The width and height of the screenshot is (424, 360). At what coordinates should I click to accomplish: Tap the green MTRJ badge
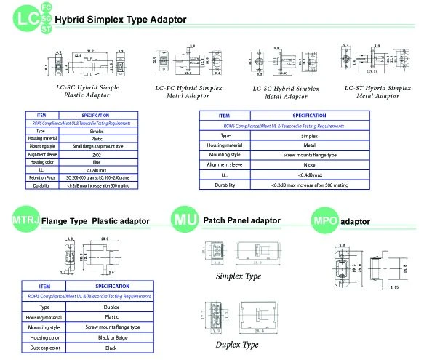point(25,219)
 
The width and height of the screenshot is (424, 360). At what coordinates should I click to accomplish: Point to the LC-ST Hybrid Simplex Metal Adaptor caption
point(372,91)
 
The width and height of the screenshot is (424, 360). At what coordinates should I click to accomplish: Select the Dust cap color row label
point(44,348)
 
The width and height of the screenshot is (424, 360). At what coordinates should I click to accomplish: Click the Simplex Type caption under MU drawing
point(238,277)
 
